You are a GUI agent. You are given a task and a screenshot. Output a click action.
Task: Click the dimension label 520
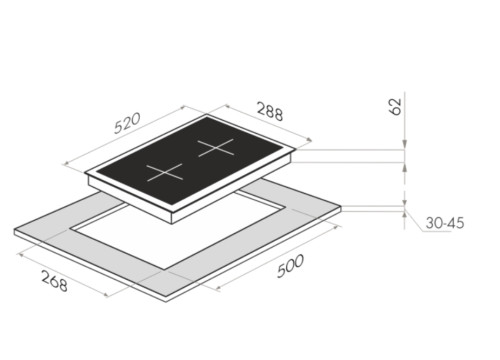(x=128, y=123)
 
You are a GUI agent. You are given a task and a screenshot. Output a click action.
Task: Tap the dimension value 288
(x=270, y=112)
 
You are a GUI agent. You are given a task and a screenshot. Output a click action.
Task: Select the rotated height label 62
(x=396, y=107)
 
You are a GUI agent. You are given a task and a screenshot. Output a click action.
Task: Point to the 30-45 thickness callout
(x=445, y=223)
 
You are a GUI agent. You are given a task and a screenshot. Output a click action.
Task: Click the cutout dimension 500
(x=290, y=266)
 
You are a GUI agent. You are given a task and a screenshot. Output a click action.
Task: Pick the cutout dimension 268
(x=54, y=281)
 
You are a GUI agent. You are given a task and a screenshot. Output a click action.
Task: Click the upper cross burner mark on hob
(x=216, y=148)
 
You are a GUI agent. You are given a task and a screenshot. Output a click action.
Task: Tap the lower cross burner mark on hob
(x=165, y=172)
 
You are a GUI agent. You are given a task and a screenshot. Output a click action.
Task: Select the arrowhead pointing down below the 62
(x=405, y=144)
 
